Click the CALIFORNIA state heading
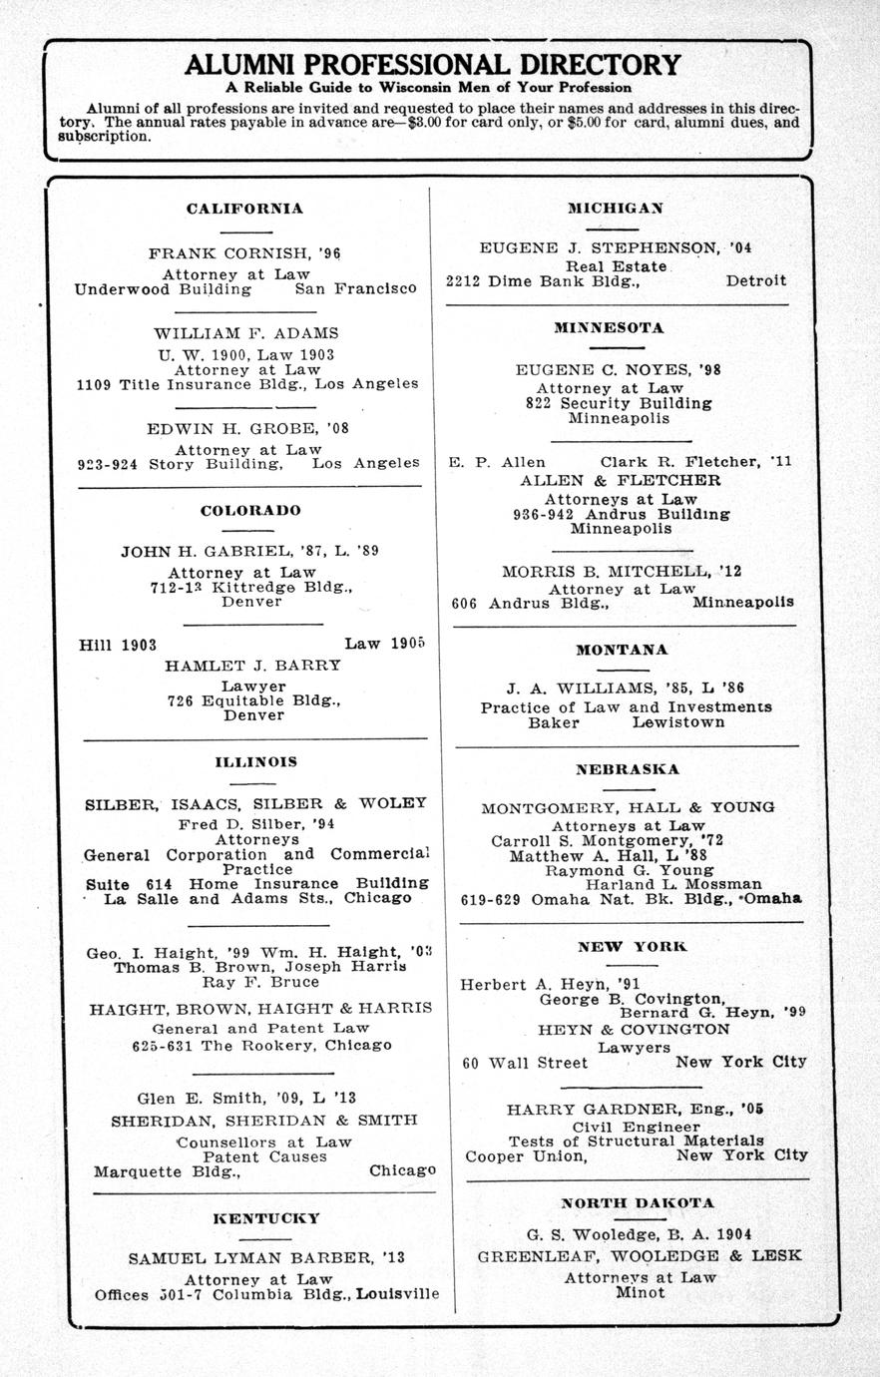coord(244,210)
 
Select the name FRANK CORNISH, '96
coord(244,253)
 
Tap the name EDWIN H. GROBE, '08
coord(248,429)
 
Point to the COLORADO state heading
coord(250,511)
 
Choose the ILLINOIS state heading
coord(255,762)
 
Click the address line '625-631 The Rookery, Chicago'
coord(261,1046)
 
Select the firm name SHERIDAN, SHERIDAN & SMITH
coord(263,1121)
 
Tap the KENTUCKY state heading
coord(266,1218)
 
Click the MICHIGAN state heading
coord(616,209)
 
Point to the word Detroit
coord(755,281)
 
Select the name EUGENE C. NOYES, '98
coord(618,369)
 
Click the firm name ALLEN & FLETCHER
coord(621,480)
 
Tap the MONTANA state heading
coord(622,650)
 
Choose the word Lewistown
coord(677,722)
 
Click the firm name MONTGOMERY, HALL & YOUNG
coord(628,807)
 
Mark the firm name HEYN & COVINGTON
coord(634,1029)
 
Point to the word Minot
coord(640,1292)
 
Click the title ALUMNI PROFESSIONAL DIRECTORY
coord(433,65)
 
